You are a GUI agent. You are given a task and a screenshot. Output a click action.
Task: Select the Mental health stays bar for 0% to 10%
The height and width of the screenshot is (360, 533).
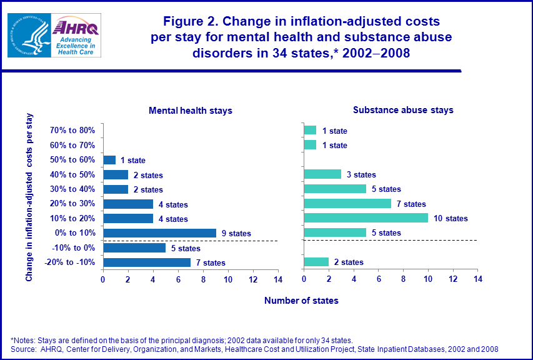pos(159,233)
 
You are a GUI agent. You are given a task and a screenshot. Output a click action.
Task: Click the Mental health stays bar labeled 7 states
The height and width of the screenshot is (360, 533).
pos(147,262)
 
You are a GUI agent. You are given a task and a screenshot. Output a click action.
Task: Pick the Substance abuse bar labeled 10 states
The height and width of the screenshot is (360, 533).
pos(366,218)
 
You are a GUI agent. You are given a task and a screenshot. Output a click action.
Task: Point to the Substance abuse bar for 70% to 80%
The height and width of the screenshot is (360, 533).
pos(310,131)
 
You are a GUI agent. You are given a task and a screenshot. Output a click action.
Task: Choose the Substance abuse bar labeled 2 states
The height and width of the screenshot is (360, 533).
pos(316,262)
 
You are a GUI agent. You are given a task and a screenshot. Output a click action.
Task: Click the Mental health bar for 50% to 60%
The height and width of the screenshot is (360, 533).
pos(109,160)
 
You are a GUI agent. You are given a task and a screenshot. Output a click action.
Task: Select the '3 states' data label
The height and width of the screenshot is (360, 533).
pos(361,175)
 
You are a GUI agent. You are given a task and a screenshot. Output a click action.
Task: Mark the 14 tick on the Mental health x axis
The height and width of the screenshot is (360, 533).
pos(277,279)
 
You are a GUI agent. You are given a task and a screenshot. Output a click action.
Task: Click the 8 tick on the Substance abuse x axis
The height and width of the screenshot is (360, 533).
pos(403,279)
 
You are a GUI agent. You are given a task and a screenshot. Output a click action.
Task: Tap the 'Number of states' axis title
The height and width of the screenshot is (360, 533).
pos(301,301)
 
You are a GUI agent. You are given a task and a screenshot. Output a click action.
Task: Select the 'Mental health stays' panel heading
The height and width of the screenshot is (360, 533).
pos(190,111)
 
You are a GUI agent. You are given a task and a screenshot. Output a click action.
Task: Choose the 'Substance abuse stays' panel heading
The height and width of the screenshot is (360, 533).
pos(403,110)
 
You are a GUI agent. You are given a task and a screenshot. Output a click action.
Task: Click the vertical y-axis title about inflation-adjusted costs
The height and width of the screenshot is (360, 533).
pos(30,197)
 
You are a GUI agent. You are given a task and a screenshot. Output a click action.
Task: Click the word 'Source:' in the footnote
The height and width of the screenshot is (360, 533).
pos(25,349)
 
